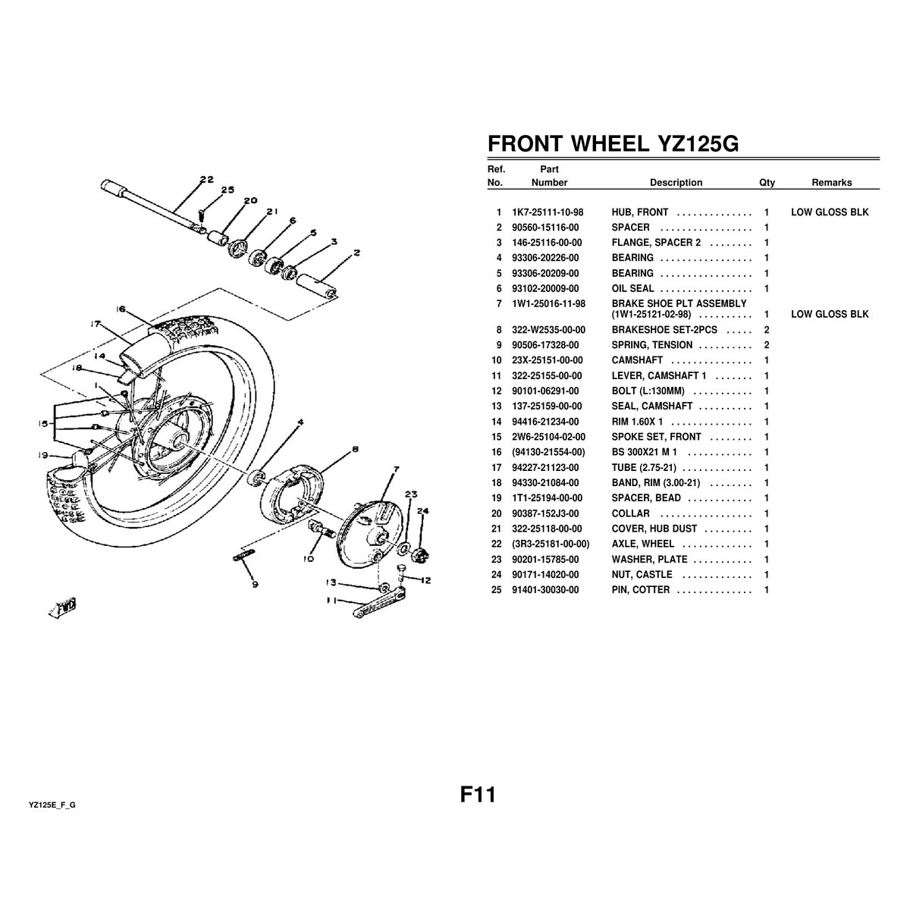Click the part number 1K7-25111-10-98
click(548, 212)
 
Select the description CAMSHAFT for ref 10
click(637, 360)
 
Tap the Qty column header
click(767, 183)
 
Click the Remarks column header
click(832, 183)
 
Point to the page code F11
click(478, 794)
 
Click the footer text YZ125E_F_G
click(52, 805)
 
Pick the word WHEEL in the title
click(610, 143)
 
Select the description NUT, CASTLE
click(642, 575)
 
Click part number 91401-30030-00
click(545, 590)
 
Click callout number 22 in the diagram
click(206, 180)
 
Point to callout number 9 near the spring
click(256, 585)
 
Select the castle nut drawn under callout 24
click(419, 554)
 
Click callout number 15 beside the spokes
click(43, 424)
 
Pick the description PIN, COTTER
click(640, 590)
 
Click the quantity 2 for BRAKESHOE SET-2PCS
click(767, 330)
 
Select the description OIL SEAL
click(632, 288)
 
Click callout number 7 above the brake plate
click(396, 469)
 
